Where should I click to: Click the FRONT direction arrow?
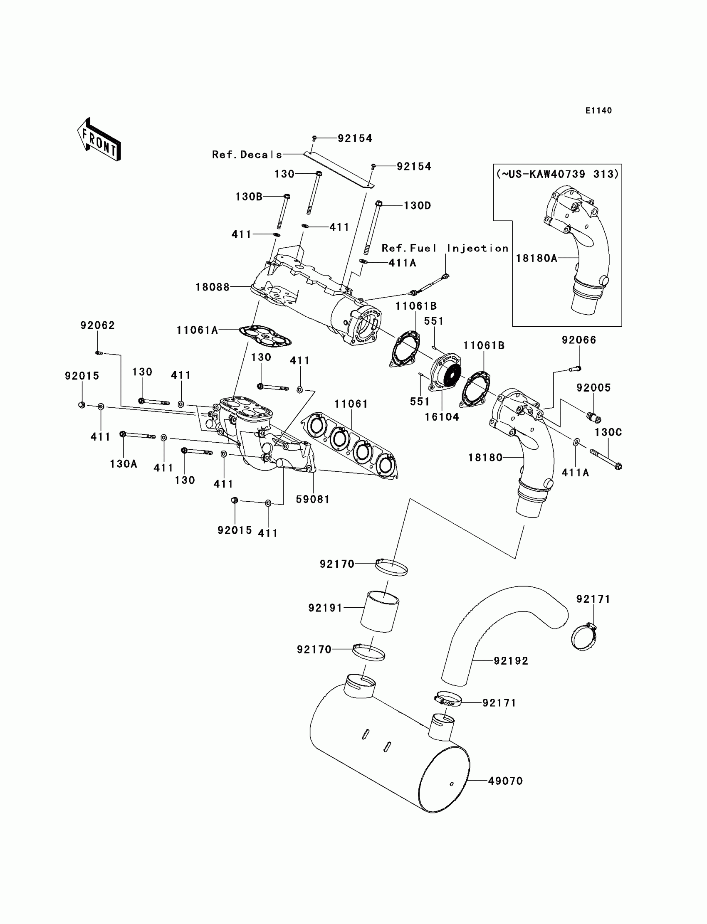coord(99,139)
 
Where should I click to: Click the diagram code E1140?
coord(598,111)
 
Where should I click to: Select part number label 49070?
coord(505,781)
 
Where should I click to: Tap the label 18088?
coord(213,287)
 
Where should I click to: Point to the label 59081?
coord(313,499)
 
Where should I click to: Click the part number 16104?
coord(442,417)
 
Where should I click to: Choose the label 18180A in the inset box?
coord(536,258)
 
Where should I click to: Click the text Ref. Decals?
coord(247,155)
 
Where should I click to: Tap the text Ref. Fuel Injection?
coord(445,248)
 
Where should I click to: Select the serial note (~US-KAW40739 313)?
coord(558,174)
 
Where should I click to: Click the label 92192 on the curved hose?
coord(511,661)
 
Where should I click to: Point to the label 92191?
coord(325,608)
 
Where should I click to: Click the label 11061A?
coord(198,330)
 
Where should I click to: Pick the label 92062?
coord(98,325)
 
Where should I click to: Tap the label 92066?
coord(579,340)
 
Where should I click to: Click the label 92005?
coord(593,387)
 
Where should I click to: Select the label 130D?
coord(418,206)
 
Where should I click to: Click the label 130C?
coord(608,432)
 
